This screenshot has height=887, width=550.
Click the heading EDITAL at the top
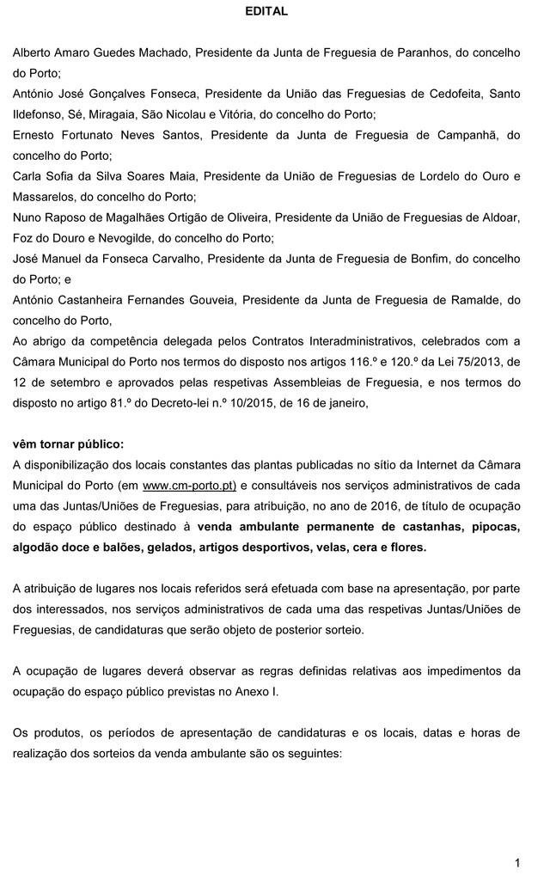(266, 12)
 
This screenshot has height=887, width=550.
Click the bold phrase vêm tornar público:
(68, 444)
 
